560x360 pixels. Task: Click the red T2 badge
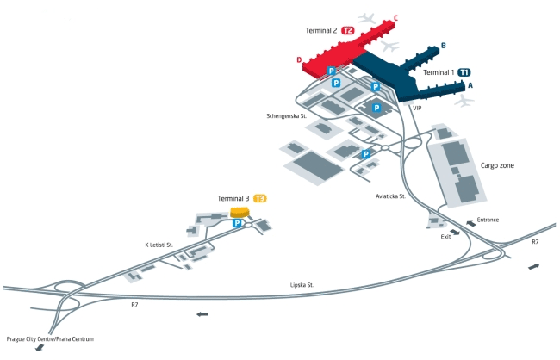click(348, 30)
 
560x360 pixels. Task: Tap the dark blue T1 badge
click(464, 72)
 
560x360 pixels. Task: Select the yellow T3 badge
click(260, 198)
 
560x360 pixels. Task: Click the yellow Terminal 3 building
click(240, 212)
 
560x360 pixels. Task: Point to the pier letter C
click(395, 18)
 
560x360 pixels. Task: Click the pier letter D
click(299, 60)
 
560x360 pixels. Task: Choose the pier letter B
click(444, 46)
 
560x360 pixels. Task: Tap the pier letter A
click(470, 85)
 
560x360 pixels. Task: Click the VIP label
click(417, 108)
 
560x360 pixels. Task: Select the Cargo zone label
click(497, 165)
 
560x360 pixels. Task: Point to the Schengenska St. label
click(286, 115)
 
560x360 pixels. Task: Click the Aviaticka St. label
click(391, 196)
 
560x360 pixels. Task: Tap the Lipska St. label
click(302, 285)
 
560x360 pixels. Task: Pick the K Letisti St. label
click(159, 245)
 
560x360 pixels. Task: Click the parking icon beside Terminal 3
click(237, 223)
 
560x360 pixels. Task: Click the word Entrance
click(488, 220)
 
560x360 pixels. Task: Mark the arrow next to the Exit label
click(455, 233)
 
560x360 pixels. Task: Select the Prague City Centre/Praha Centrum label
click(50, 339)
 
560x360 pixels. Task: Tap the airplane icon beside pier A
click(464, 101)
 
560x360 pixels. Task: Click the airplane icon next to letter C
click(367, 18)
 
